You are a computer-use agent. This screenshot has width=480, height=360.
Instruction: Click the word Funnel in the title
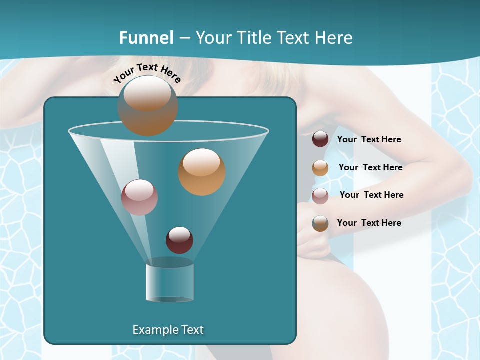click(146, 38)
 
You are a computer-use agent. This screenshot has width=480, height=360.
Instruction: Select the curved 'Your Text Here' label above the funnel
click(147, 73)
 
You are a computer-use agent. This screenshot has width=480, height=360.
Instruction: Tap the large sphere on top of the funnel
click(147, 105)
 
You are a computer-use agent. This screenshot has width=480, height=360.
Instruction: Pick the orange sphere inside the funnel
click(201, 171)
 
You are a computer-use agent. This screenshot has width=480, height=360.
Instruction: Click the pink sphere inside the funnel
click(139, 197)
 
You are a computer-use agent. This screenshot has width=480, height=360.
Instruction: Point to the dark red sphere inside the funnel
click(179, 240)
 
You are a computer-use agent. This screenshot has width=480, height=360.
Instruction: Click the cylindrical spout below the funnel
click(169, 282)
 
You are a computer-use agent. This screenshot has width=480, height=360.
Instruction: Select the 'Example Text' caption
click(168, 330)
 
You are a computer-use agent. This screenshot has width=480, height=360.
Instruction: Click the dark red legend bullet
click(320, 139)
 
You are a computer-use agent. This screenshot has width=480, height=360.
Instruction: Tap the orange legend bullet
click(320, 167)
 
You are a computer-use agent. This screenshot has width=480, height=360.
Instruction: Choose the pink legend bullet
click(320, 195)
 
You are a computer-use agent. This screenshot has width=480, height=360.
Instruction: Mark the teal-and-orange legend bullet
click(320, 223)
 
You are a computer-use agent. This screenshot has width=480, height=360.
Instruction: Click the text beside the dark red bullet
click(369, 140)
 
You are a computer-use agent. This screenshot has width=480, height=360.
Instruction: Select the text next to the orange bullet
click(370, 168)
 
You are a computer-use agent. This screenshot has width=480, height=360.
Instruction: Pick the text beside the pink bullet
click(371, 195)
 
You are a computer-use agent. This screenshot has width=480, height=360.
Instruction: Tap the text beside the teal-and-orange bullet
click(369, 223)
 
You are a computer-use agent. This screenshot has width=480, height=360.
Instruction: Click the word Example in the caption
click(153, 330)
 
